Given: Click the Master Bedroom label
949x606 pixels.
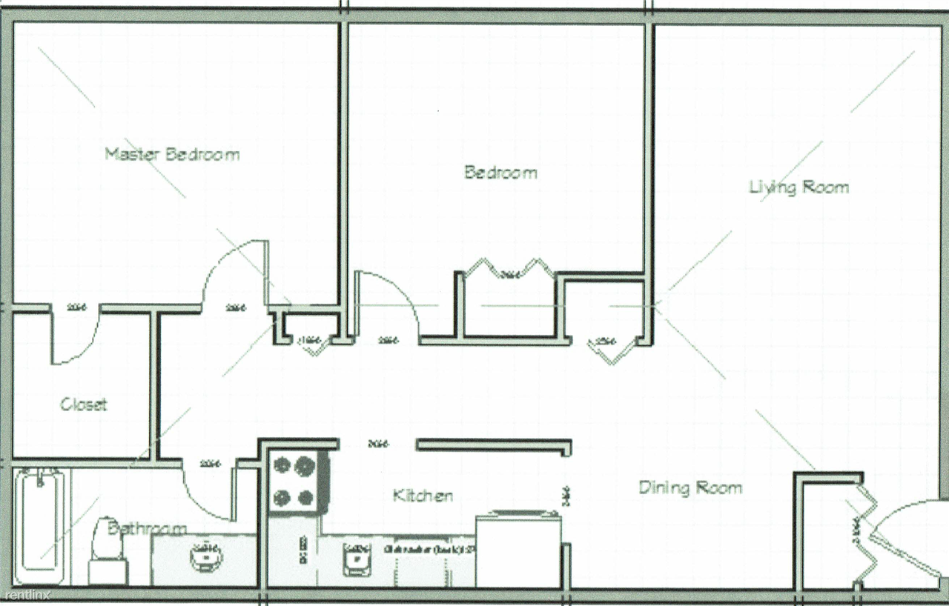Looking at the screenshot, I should pyautogui.click(x=171, y=154).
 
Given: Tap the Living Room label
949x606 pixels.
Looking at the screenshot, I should pyautogui.click(x=798, y=187).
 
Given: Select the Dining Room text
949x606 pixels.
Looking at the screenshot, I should pyautogui.click(x=690, y=487).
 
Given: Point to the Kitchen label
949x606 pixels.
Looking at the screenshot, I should pyautogui.click(x=423, y=496).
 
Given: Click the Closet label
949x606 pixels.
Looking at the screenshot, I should pyautogui.click(x=83, y=404).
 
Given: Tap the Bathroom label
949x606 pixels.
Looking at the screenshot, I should pyautogui.click(x=147, y=528).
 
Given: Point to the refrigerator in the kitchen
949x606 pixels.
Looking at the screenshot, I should pyautogui.click(x=518, y=548).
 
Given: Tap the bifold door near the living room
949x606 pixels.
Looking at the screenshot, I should pyautogui.click(x=613, y=351).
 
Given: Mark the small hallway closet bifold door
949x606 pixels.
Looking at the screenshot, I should pyautogui.click(x=312, y=344).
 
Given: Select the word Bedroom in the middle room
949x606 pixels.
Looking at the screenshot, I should pyautogui.click(x=500, y=173).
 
